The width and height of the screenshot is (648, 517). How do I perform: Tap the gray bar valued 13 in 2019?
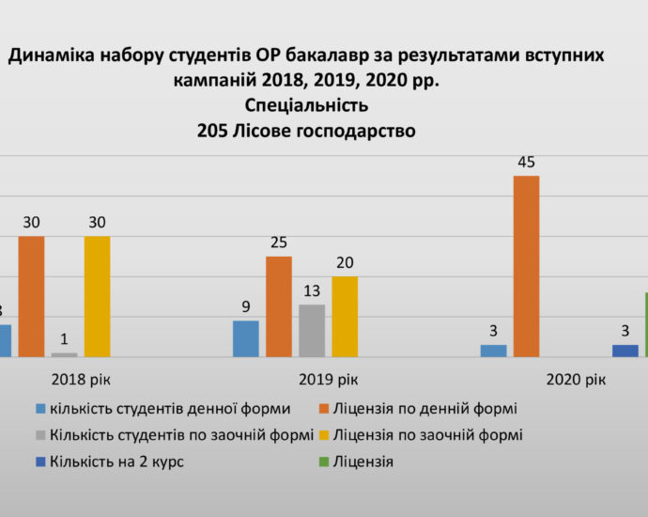pyautogui.click(x=312, y=331)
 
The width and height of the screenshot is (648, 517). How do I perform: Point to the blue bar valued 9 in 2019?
pyautogui.click(x=246, y=338)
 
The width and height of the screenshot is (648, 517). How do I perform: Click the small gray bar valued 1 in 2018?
pyautogui.click(x=65, y=354)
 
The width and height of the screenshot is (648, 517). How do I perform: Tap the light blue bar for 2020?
pyautogui.click(x=493, y=351)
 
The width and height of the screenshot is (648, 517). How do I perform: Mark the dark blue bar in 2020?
pyautogui.click(x=625, y=351)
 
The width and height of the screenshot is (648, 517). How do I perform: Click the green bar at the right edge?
pyautogui.click(x=645, y=325)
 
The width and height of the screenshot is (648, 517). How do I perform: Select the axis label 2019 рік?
pyautogui.click(x=328, y=380)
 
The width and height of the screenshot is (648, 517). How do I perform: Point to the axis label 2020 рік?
pyautogui.click(x=575, y=380)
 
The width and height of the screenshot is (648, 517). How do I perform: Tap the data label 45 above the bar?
pyautogui.click(x=526, y=162)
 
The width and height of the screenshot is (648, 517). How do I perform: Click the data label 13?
pyautogui.click(x=312, y=290)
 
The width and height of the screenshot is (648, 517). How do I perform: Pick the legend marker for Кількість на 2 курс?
pyautogui.click(x=40, y=462)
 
